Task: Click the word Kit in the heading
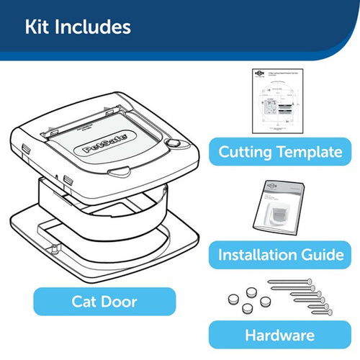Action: pos(38,27)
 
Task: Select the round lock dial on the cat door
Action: pos(173,143)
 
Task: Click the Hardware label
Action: pos(280,335)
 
